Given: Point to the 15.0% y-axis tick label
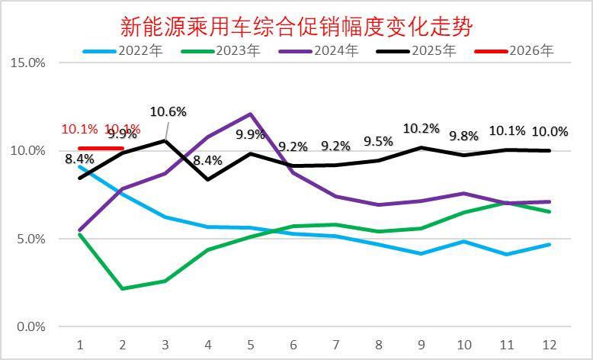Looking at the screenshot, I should click(27, 63).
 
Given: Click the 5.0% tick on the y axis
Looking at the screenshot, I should click(30, 239).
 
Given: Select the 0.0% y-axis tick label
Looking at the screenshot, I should click(30, 327).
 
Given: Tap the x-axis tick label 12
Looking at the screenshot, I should click(548, 344).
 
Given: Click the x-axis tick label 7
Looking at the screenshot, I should click(335, 344).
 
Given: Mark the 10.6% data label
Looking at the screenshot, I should click(168, 112).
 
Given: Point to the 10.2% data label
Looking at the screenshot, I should click(422, 128).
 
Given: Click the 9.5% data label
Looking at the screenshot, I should click(378, 141).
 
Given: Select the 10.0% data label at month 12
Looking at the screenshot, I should click(550, 131).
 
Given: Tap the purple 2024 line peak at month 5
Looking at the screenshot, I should click(251, 114).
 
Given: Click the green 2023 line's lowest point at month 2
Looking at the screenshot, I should click(123, 288).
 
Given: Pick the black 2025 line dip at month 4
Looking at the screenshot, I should click(208, 179).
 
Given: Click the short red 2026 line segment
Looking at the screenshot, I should click(101, 148).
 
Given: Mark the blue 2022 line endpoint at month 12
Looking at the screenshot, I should click(549, 245).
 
